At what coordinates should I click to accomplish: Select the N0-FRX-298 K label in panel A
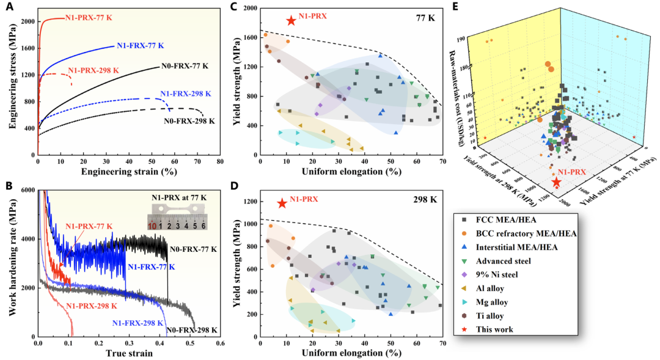coord(189,121)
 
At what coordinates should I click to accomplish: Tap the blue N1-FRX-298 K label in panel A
coord(186,94)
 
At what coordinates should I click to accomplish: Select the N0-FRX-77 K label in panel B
coord(193,249)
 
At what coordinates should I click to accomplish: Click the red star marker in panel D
coord(282,203)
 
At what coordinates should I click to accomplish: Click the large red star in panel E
coord(557,183)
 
